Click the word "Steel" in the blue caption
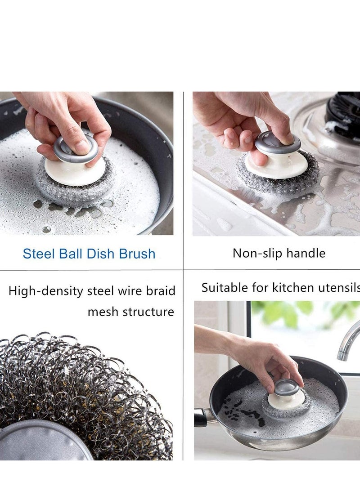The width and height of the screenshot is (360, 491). pyautogui.click(x=38, y=254)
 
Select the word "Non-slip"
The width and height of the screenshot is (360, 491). pyautogui.click(x=254, y=253)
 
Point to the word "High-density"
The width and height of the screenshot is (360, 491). pyautogui.click(x=45, y=291)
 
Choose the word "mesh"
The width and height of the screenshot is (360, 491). pyautogui.click(x=102, y=312)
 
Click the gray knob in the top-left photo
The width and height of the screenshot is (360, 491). pyautogui.click(x=76, y=149)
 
